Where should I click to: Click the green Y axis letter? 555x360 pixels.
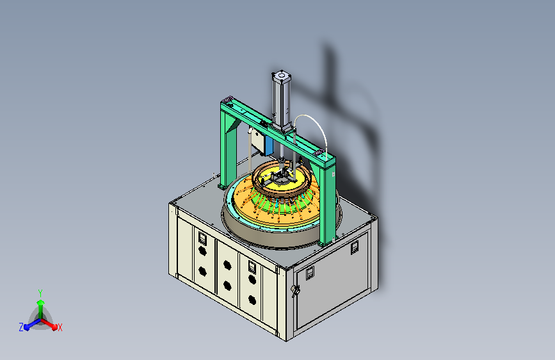[40, 293]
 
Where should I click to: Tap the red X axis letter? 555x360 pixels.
[60, 327]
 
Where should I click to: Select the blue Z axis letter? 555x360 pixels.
[21, 327]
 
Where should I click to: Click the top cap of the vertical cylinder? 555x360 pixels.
[282, 76]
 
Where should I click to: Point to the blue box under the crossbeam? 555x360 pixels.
[269, 145]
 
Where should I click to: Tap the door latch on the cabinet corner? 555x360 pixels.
[295, 291]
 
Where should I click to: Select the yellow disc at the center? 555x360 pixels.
[283, 180]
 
